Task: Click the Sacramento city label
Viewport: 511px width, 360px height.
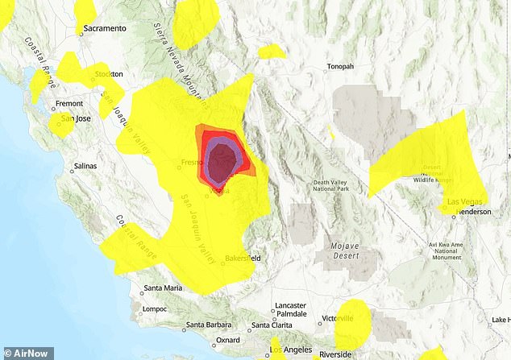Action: coord(106,29)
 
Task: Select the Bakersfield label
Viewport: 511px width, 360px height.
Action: coord(246,259)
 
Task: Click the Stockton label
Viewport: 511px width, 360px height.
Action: coord(109,74)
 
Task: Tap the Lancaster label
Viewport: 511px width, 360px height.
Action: coord(289,306)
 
